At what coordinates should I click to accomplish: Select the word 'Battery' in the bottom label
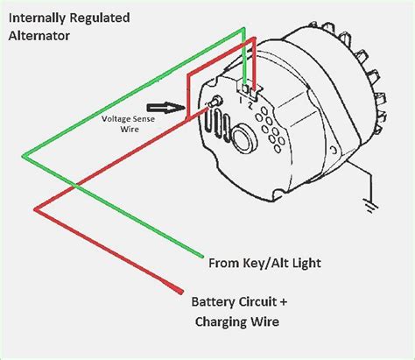pos(217,301)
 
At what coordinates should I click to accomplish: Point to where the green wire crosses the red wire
pos(78,187)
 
